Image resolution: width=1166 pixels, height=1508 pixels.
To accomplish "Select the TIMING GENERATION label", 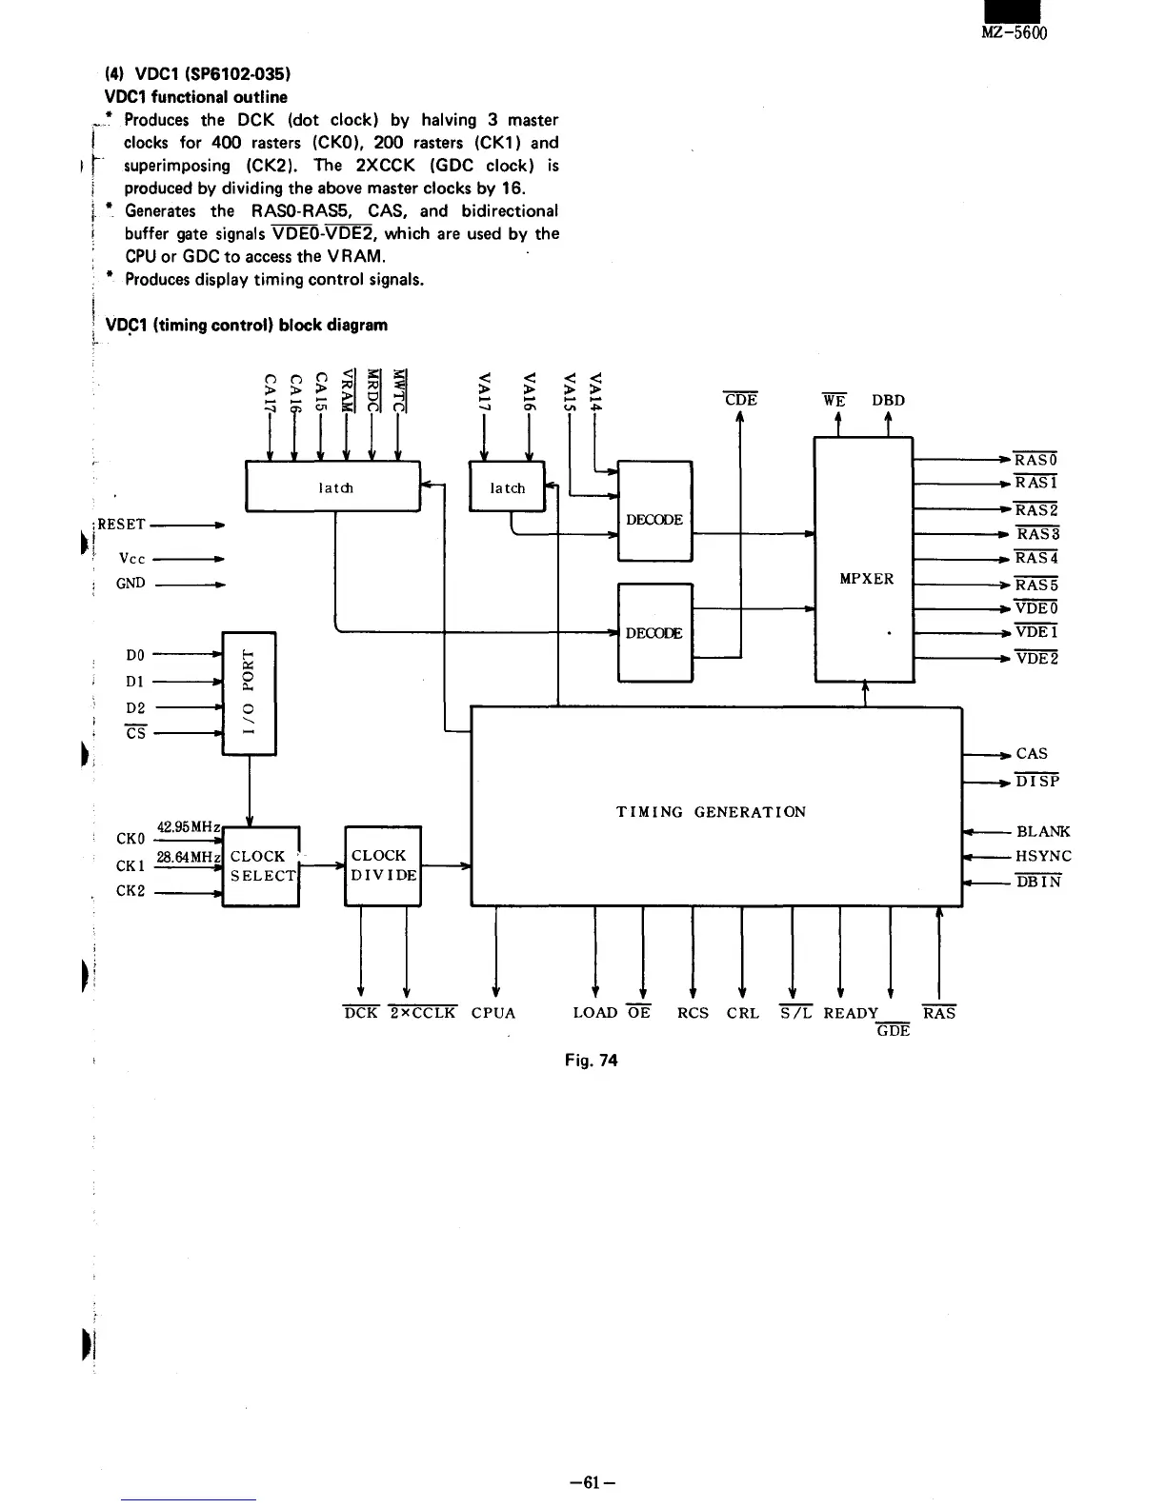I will pos(711,812).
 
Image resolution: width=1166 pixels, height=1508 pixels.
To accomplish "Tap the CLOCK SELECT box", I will pos(260,865).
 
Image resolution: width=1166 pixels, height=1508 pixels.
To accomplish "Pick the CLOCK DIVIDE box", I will pos(382,865).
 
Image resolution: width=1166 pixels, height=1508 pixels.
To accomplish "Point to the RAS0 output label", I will pos(1036,460).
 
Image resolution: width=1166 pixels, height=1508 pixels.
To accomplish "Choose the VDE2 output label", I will pos(1036,658).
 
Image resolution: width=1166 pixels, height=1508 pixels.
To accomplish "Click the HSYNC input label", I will pos(1043,856).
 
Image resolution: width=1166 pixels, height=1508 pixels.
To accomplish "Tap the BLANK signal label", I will pos(1043,831).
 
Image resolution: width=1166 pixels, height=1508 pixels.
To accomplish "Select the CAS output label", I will pos(1032,753).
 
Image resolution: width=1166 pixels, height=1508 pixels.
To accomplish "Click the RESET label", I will pos(121,525).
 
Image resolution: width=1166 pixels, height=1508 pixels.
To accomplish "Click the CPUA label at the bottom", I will pos(493,1013).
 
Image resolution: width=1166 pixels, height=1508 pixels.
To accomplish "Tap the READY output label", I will pos(851,1013).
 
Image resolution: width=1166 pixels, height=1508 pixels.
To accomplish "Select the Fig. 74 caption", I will pos(591,1060).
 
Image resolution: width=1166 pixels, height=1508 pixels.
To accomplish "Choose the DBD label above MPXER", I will pos(888,401).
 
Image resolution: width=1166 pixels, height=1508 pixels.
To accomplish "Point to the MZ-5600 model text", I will pos(1013,33).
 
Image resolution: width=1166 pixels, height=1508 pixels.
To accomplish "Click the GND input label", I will pos(131,583).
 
